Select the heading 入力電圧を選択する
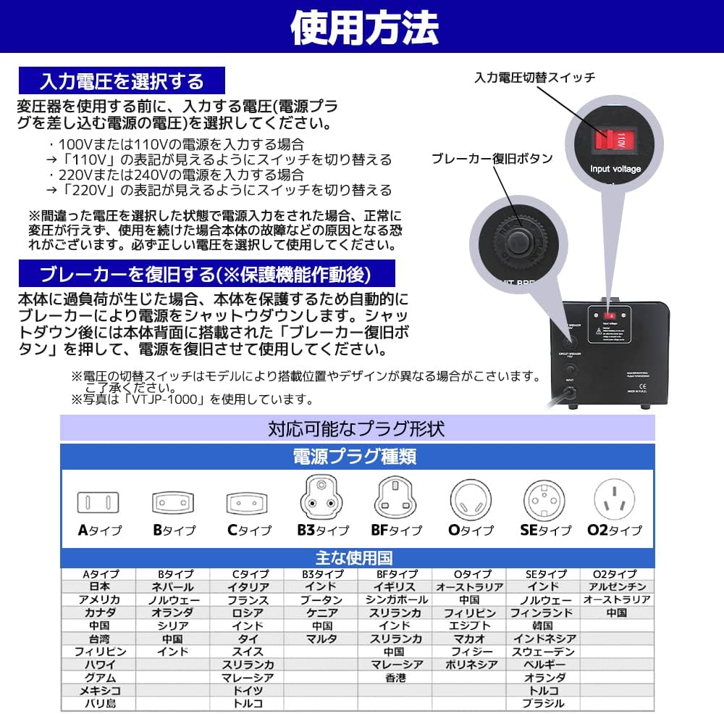[x=122, y=80]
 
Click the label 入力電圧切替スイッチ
[x=534, y=77]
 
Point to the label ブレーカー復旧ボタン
[x=492, y=158]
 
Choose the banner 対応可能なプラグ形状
[x=356, y=428]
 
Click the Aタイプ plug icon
[x=98, y=502]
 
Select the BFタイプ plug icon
[x=396, y=499]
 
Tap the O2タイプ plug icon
[x=617, y=499]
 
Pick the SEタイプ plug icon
[x=544, y=499]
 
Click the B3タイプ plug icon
[x=321, y=497]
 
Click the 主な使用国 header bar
[x=356, y=558]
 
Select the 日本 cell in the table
[x=100, y=586]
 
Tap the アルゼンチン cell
[x=617, y=586]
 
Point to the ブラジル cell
[x=544, y=703]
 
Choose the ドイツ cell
[x=248, y=690]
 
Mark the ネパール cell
[x=173, y=586]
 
